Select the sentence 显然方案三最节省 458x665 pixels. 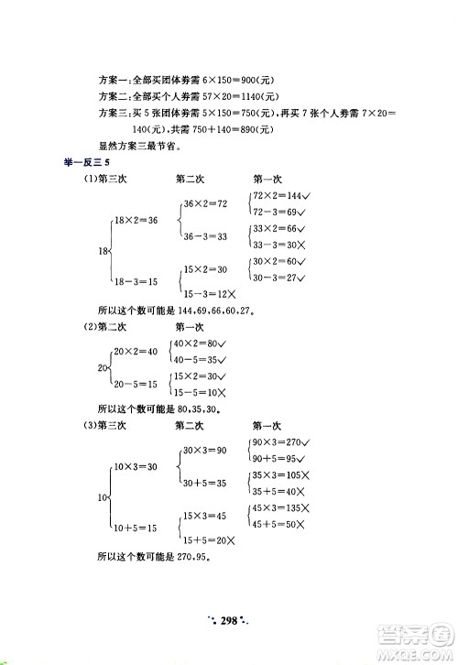point(136,145)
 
